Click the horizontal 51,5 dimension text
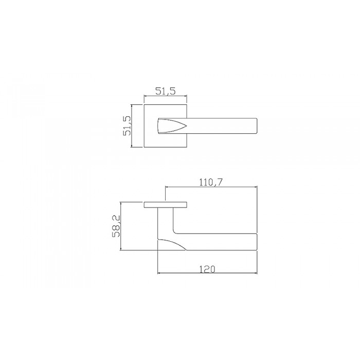click(x=166, y=92)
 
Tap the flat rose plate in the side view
click(x=165, y=205)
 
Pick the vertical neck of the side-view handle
click(x=165, y=221)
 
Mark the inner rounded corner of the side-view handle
click(x=176, y=231)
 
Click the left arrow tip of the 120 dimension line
click(x=157, y=274)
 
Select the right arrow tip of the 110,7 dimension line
click(x=257, y=187)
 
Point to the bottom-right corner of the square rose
click(x=187, y=148)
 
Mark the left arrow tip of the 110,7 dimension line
click(x=165, y=187)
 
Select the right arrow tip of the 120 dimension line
click(x=257, y=274)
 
